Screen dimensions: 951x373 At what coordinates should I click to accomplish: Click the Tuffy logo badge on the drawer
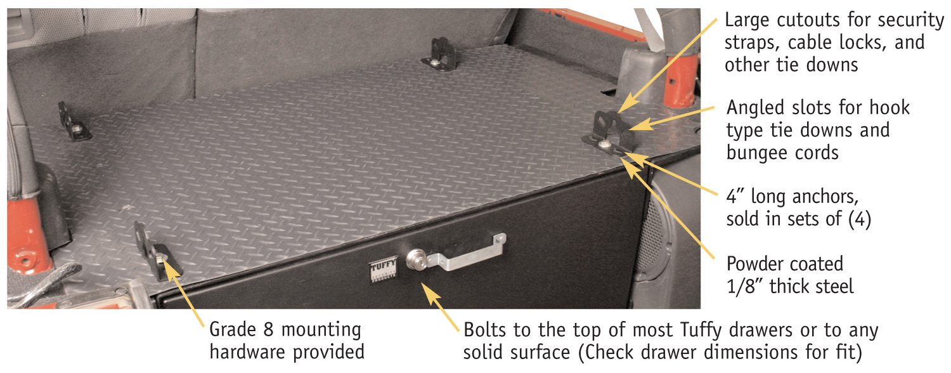384,269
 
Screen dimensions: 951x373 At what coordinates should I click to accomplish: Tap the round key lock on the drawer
415,259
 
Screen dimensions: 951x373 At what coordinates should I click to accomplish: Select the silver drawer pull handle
465,252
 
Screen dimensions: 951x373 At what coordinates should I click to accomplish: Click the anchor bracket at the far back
440,54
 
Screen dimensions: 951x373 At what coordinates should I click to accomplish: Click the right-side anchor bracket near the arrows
609,133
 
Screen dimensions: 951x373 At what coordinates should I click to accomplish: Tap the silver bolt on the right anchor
604,145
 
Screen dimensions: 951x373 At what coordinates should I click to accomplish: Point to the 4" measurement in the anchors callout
735,196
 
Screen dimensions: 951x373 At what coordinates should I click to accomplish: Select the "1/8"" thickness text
745,286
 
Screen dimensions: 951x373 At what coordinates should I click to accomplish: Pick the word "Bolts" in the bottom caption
484,330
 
